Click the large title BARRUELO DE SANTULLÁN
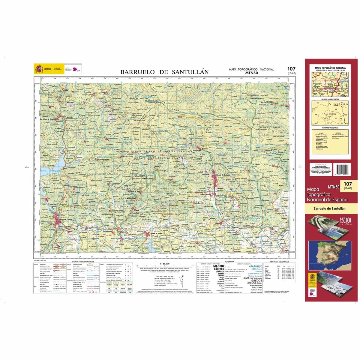click(164, 72)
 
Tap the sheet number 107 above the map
click(291, 69)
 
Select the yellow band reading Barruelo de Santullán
click(329, 208)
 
